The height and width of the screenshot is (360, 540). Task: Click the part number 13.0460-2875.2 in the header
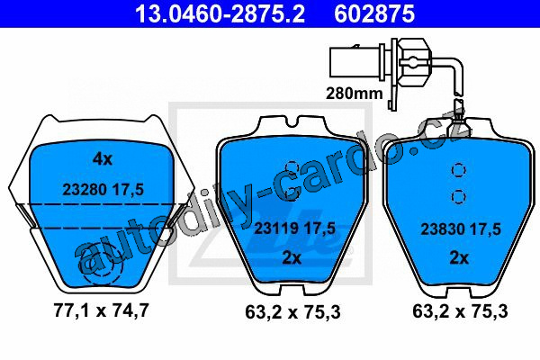coord(220,14)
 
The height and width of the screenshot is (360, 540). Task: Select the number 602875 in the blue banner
coord(374,14)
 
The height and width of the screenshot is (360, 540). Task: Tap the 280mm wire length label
coord(354,93)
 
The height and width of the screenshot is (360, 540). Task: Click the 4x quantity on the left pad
coord(103,159)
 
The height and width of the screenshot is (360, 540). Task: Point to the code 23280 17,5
coord(103,190)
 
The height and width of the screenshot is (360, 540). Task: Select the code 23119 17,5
coord(294,228)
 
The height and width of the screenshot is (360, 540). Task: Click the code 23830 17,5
coord(461,229)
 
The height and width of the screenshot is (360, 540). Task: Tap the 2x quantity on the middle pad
coord(292,257)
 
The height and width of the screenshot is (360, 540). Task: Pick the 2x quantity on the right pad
coord(459,257)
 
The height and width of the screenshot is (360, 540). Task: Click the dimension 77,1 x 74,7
coord(101,310)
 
